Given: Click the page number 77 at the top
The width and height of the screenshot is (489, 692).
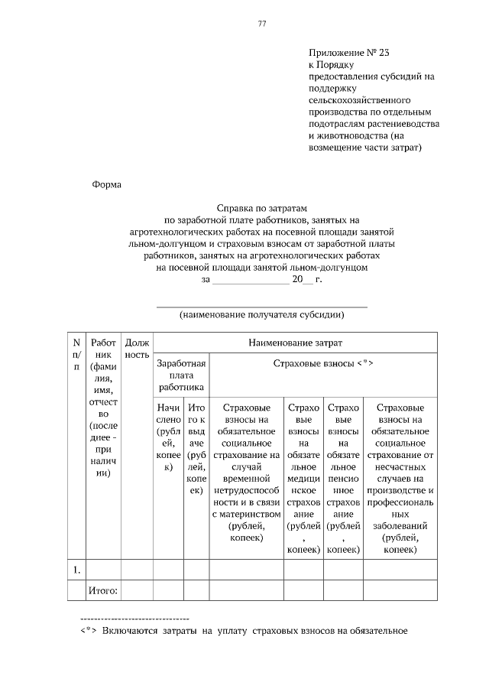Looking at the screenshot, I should point(261,24).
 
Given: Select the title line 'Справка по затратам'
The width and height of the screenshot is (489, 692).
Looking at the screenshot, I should point(261,208).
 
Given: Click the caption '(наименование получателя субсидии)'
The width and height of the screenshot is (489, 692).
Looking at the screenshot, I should point(261,314).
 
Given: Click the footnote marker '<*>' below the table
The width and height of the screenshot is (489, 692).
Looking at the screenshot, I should point(87,632).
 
